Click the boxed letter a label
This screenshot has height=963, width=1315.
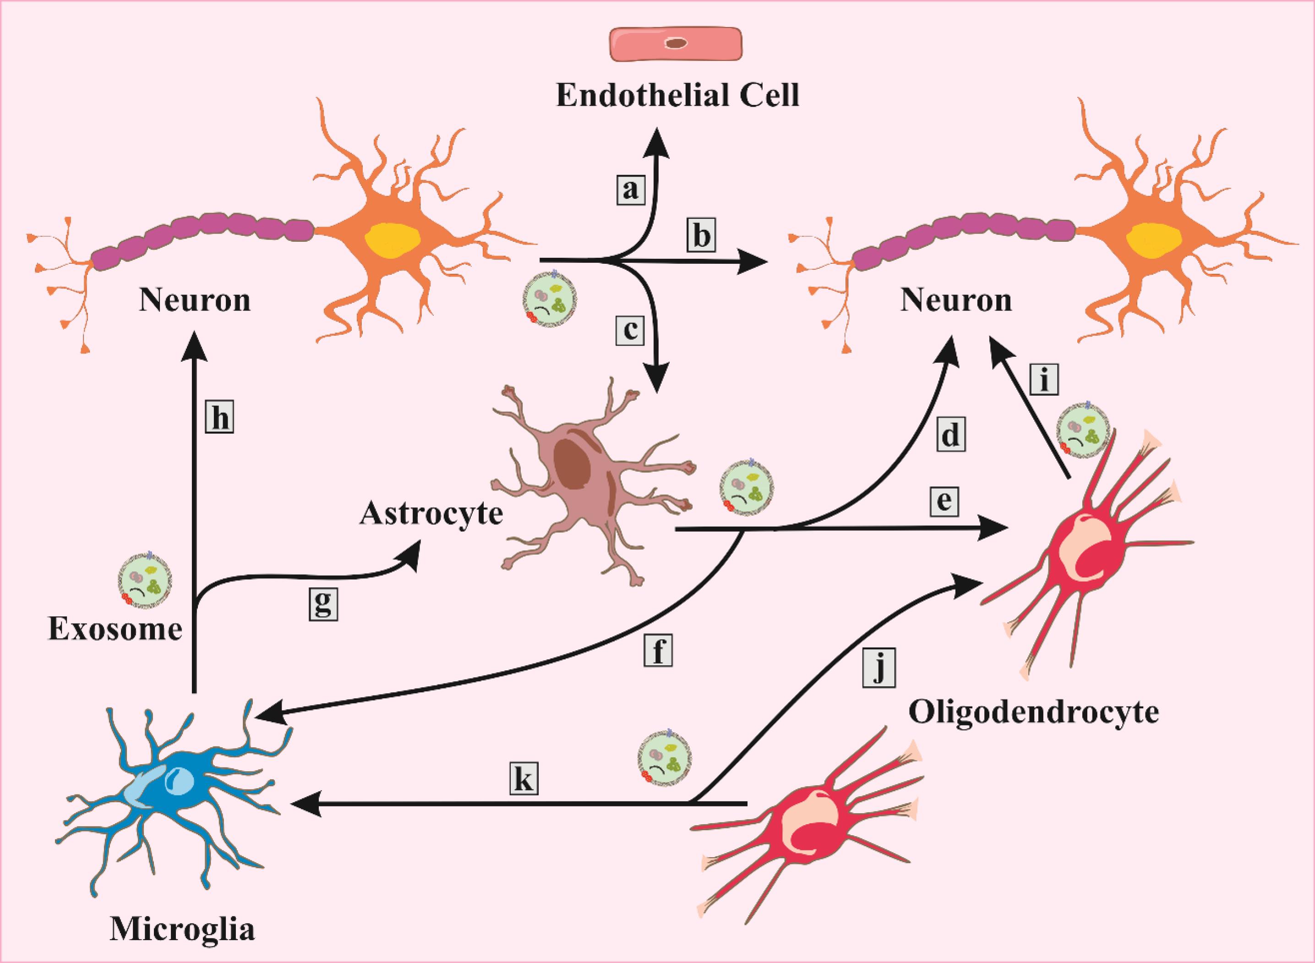[630, 189]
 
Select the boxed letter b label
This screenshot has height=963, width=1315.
[700, 235]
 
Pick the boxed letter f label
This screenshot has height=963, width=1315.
[658, 652]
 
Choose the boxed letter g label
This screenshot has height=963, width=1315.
[323, 604]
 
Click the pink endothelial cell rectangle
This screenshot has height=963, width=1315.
[676, 45]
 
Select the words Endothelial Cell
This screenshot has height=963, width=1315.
[677, 96]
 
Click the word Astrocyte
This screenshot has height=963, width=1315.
[431, 514]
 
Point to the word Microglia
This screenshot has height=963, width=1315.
[183, 931]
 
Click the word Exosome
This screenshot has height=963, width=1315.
[115, 630]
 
